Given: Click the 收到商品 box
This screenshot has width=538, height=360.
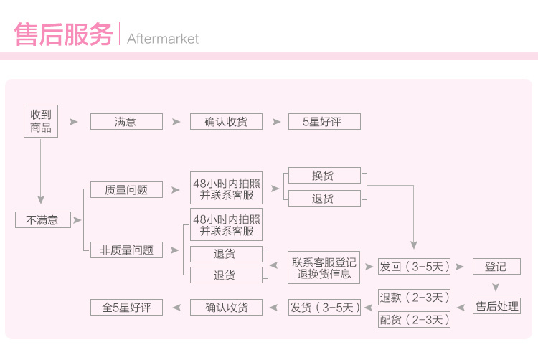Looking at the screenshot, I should pos(40,121).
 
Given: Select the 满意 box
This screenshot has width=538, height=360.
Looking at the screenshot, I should pos(126,122).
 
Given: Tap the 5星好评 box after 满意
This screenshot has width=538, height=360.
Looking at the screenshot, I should pos(324,122).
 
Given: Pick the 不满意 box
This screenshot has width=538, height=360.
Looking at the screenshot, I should pos(43,219).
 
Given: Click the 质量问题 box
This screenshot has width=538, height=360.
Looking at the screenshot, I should pos(126,190).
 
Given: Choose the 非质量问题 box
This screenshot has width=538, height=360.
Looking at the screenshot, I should pos(126,250).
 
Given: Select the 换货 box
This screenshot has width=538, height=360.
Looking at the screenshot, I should pos(324,176).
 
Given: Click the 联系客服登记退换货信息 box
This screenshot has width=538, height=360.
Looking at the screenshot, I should pos(324,267).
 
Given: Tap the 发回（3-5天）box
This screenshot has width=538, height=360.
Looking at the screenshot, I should pos(415,267).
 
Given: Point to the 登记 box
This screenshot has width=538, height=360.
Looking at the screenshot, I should pos(496,267).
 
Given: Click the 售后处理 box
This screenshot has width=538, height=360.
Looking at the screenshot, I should pos(496,306).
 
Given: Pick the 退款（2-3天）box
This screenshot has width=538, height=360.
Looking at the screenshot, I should pos(415,297).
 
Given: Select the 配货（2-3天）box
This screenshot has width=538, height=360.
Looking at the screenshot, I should pos(415,319).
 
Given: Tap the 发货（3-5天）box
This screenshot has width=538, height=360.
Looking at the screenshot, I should pos(324,308).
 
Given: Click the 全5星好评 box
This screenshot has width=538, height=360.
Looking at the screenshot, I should pos(126,308).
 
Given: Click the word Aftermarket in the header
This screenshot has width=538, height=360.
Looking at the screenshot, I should pos(163,39).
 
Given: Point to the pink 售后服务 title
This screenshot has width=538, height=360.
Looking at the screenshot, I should pos(63,35).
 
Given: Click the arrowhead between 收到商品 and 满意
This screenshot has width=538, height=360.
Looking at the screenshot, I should pos(73,122).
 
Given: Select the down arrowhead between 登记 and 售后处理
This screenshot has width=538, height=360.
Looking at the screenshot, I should pos(496,288).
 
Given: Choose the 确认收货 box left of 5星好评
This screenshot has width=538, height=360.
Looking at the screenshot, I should pos(226,122).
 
